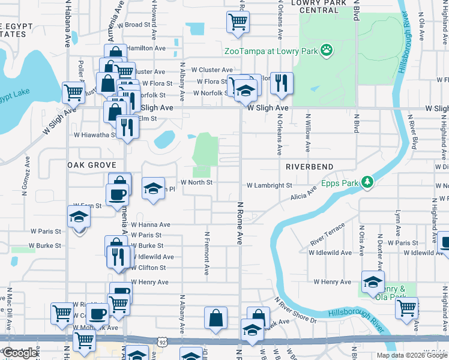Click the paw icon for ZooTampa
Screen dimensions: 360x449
pos(327,50)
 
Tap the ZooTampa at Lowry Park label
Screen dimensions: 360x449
pos(270,51)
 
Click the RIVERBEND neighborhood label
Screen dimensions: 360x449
pos(308,166)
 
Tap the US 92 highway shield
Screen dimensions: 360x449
pos(163,342)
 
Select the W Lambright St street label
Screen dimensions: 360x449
pos(269,186)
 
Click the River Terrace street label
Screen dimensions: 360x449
pos(327,234)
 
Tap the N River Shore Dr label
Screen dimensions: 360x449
pos(295,310)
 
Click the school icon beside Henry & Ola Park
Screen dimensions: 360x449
pos(372,280)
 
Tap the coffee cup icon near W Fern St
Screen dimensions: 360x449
pos(116,193)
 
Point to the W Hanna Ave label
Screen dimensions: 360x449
pos(150,224)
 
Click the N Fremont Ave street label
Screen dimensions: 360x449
pos(206,253)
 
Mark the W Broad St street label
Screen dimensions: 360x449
pos(133,25)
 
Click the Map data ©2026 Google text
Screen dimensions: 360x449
pos(411,355)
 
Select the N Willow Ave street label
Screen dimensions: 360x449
pos(309,133)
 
